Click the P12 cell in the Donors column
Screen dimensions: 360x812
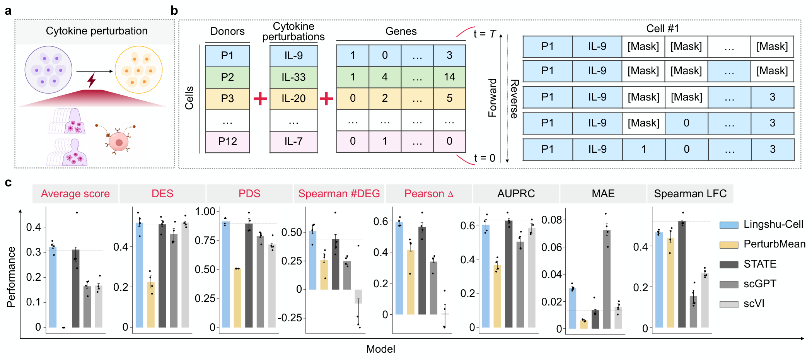[227, 142]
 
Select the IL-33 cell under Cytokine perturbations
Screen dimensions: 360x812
[293, 77]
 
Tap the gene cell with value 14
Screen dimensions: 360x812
[449, 77]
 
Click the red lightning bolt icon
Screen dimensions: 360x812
[91, 80]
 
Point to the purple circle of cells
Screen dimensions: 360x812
[48, 70]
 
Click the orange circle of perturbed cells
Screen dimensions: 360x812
[138, 70]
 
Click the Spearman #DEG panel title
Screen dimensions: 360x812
[339, 194]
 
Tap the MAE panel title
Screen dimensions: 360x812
[603, 194]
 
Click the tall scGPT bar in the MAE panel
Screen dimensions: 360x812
[607, 278]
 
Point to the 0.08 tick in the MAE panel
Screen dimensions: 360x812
[551, 220]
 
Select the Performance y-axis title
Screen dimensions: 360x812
[11, 277]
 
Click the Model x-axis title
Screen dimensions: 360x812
[380, 349]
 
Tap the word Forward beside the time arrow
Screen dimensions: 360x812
[492, 97]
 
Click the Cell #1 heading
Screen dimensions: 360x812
[662, 29]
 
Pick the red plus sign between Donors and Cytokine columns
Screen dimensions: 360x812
[260, 99]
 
